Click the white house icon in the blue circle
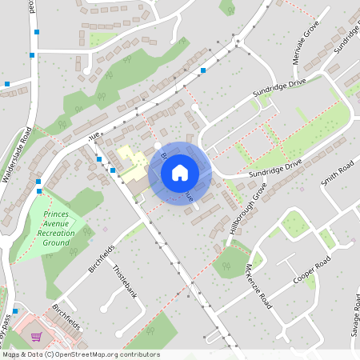pyautogui.click(x=180, y=172)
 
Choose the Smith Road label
pyautogui.click(x=337, y=172)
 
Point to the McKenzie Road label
pyautogui.click(x=260, y=288)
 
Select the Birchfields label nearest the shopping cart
pyautogui.click(x=66, y=317)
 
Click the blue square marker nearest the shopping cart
pyautogui.click(x=15, y=310)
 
